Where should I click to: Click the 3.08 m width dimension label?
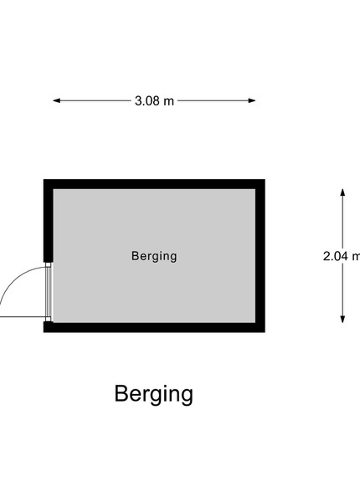pos(154,101)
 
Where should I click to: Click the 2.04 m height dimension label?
pos(342,256)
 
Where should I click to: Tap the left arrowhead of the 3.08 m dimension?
pos(57,100)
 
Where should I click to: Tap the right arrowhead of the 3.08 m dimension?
pos(252,100)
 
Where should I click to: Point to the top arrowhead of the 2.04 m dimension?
pos(342,192)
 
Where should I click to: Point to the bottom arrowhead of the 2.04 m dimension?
pos(342,319)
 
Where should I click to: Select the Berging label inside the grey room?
pos(154,256)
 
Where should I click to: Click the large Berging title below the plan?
pos(154,394)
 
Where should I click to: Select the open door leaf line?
pos(23,317)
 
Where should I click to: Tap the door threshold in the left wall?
pos(49,292)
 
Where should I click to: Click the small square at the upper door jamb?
pos(49,264)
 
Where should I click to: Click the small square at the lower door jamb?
pos(49,319)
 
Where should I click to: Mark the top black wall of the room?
pos(154,184)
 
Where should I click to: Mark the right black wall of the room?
pos(260,256)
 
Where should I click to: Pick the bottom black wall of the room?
pos(154,327)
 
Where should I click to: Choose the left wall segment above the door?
pos(49,221)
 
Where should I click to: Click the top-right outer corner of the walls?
pos(265,180)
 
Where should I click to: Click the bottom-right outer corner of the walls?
pos(265,332)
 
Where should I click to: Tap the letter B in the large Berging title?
pos(121,393)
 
